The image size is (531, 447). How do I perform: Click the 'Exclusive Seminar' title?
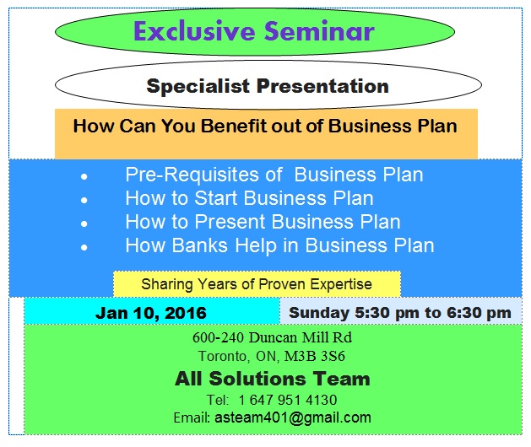(253, 32)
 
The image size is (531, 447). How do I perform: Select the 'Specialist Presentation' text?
(268, 86)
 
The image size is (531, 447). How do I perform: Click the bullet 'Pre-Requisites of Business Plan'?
(274, 175)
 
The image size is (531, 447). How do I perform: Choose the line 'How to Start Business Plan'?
(249, 199)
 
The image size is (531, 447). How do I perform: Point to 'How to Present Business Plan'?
(263, 223)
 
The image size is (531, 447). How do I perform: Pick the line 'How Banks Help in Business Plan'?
(279, 246)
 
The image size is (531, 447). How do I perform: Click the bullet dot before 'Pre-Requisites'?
(84, 178)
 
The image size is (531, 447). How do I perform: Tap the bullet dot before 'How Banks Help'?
(84, 249)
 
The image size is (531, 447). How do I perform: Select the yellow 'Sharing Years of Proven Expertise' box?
(257, 284)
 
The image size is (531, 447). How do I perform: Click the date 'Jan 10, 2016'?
(151, 313)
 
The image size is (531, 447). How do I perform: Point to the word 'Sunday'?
(317, 313)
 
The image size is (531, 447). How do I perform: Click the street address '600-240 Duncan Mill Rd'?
(272, 337)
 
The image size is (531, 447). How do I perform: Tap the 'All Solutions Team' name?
(272, 379)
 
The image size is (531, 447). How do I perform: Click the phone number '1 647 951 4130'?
(288, 400)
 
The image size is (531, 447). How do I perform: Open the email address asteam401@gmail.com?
(292, 417)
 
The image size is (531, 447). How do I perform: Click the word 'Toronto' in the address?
(224, 356)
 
